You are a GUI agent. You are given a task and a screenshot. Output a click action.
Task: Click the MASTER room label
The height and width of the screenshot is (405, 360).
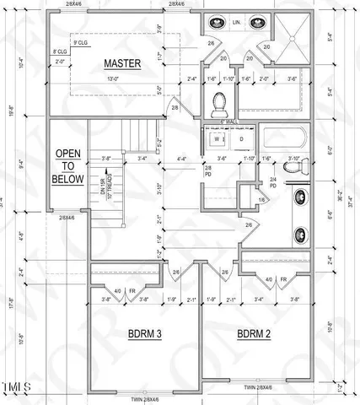tap(122, 64)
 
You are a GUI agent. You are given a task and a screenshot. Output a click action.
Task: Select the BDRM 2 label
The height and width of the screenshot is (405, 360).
tap(254, 334)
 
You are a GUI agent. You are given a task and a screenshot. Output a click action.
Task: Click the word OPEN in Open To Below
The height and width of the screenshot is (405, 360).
tap(68, 154)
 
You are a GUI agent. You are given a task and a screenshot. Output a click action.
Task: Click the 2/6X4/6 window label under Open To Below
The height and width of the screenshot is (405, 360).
tap(67, 218)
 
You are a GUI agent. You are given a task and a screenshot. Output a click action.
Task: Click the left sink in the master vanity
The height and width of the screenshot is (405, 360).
tap(216, 22)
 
